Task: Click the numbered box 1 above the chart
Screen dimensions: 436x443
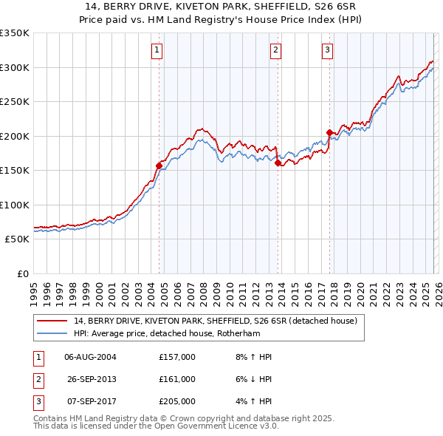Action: [158, 50]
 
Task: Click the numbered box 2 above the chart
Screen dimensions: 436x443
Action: [275, 50]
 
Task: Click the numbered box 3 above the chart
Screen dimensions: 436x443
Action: [327, 50]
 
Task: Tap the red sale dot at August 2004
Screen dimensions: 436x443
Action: [159, 166]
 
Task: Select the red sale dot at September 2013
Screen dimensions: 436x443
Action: [278, 163]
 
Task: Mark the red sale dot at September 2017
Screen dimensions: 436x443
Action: [329, 133]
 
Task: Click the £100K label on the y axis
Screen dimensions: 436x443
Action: [15, 205]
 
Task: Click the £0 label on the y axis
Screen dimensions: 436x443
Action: [22, 273]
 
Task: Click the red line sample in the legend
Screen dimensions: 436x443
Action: [52, 321]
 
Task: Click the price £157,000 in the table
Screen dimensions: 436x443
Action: [177, 357]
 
